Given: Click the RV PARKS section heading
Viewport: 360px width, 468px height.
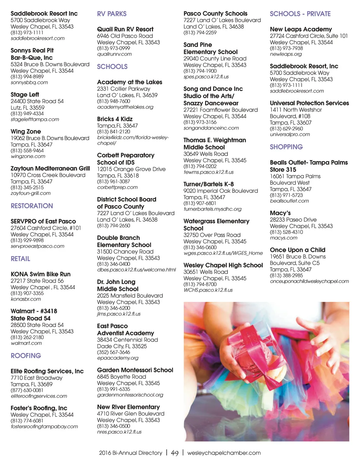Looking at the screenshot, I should tap(112, 14).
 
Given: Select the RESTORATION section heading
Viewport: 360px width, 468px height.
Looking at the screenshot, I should tap(32, 206).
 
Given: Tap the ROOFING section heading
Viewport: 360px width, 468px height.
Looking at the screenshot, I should tap(26, 356).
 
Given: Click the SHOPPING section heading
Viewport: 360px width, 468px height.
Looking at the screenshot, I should tap(286, 147).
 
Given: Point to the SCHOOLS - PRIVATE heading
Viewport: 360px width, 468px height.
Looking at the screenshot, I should tap(300, 14).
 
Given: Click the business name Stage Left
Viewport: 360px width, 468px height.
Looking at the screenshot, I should tap(25, 94).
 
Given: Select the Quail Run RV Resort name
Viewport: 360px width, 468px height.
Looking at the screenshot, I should tap(125, 29).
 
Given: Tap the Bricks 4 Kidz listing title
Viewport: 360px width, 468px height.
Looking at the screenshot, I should tap(115, 119).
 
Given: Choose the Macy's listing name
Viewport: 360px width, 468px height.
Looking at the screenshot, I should tap(280, 213).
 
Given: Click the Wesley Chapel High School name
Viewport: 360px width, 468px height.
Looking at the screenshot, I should tap(223, 265).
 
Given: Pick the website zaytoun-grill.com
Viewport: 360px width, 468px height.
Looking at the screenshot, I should tap(31, 193).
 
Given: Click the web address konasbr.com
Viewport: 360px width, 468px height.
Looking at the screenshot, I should tap(26, 299).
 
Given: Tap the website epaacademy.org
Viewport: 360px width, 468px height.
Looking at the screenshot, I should tap(118, 358).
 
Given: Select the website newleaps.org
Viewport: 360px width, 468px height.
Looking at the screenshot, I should tap(286, 54).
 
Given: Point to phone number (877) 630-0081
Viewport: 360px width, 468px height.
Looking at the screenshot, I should tap(27, 390).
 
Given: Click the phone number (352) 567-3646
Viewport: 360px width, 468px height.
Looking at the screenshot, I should tap(114, 352).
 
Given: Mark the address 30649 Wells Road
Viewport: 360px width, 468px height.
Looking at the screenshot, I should tap(206, 154).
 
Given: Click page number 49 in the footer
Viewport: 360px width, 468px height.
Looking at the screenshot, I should tap(175, 453).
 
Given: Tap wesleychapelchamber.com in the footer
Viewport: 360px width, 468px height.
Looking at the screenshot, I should tap(224, 453).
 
